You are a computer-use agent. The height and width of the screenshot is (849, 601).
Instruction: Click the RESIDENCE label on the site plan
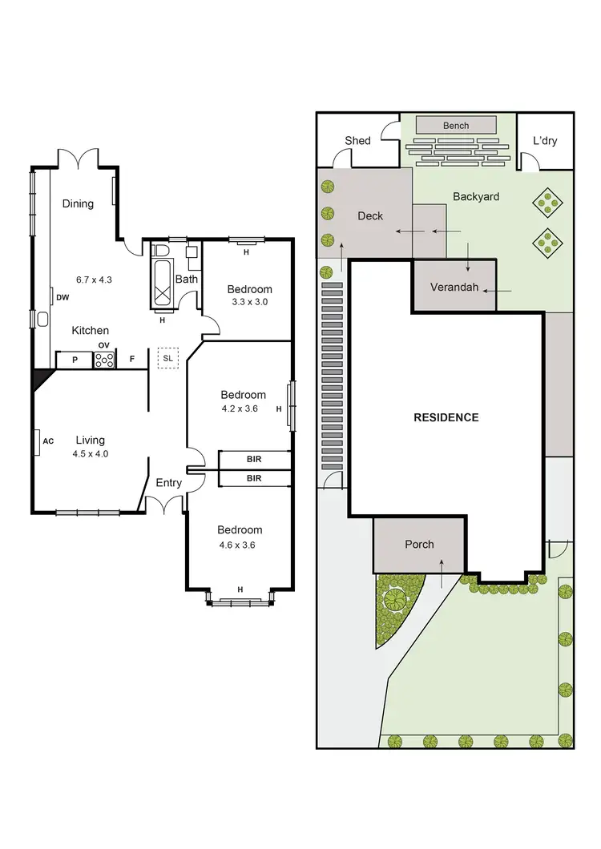(x=446, y=417)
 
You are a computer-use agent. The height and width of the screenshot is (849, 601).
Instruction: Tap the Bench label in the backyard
(x=456, y=126)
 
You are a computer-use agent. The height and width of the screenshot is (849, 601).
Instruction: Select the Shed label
(x=357, y=141)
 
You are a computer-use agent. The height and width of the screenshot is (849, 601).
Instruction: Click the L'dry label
(x=545, y=141)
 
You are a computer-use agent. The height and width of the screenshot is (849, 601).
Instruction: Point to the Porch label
(x=419, y=545)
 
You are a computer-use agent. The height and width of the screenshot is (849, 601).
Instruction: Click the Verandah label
(x=454, y=287)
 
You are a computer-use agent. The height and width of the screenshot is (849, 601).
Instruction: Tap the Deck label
(x=370, y=215)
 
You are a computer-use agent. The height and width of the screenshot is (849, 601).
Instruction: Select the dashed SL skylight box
(x=167, y=358)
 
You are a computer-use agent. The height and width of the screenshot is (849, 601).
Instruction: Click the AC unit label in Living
(x=47, y=441)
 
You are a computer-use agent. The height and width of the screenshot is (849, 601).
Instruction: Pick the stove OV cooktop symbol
(x=104, y=360)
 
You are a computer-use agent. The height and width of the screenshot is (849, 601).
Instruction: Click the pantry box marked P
(x=75, y=360)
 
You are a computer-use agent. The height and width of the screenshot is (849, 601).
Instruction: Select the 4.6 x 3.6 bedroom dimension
(x=240, y=545)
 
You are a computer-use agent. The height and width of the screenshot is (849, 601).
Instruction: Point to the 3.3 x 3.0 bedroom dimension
(x=249, y=303)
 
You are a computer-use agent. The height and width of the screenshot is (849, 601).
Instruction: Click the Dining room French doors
(x=78, y=159)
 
